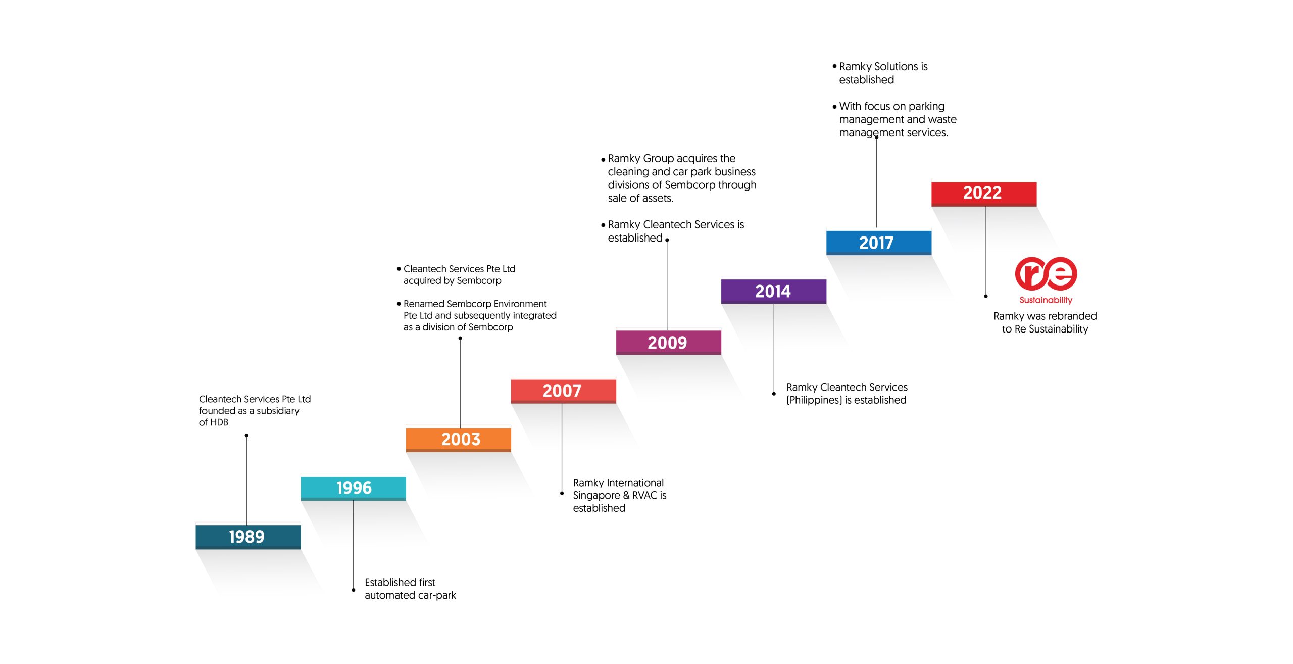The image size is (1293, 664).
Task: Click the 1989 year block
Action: point(248,537)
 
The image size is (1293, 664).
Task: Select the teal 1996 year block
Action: point(353,488)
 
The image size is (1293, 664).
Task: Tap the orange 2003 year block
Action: point(458,440)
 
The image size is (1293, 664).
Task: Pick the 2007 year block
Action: point(563,391)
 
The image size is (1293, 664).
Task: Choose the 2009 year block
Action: point(668,343)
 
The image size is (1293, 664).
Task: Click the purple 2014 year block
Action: point(773,292)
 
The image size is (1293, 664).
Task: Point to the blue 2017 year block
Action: point(878,243)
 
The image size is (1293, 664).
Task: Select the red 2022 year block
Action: point(984,194)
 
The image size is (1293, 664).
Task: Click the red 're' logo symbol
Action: point(1046,273)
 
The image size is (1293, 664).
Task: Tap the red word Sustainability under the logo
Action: point(1046,300)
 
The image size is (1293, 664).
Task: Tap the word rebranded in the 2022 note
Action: point(1073,316)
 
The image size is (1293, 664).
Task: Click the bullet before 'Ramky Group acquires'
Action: point(603,160)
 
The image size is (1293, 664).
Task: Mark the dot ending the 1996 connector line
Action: point(354,590)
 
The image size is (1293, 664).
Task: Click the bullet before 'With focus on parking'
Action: point(834,107)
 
